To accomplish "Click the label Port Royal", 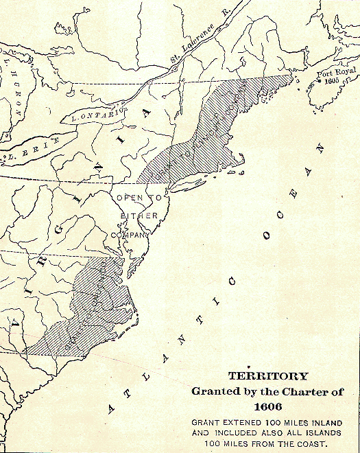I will click(x=334, y=71).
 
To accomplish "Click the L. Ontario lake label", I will click(x=96, y=113).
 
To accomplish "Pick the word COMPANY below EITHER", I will click(x=132, y=234).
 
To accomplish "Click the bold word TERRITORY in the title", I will click(x=264, y=376).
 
